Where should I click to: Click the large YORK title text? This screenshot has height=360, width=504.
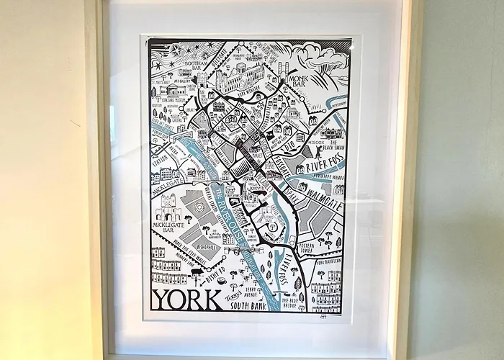[x=186, y=299]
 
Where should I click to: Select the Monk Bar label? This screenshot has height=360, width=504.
[x=297, y=76]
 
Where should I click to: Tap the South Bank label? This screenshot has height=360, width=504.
[x=250, y=305]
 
